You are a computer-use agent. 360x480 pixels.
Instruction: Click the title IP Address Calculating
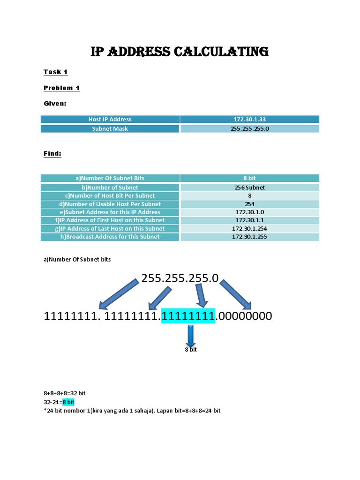click(x=180, y=52)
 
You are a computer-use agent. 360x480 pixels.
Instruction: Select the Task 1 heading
click(x=56, y=72)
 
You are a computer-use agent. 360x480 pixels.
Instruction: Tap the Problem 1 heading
click(x=61, y=88)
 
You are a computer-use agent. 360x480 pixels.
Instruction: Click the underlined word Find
click(x=52, y=153)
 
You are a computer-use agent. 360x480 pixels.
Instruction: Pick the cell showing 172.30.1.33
click(x=249, y=120)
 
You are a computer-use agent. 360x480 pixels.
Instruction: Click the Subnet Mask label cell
click(x=110, y=128)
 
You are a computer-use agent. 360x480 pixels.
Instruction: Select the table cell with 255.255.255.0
click(x=249, y=128)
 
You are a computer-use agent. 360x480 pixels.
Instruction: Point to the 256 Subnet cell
click(x=249, y=187)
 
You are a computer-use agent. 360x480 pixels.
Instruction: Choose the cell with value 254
click(x=249, y=204)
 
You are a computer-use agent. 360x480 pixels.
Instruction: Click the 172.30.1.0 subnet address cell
click(x=249, y=212)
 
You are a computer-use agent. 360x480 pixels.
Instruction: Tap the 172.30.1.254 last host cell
click(x=249, y=229)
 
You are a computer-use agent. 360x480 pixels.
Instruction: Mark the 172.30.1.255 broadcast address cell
click(x=249, y=237)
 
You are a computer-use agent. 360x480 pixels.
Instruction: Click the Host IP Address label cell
click(x=110, y=120)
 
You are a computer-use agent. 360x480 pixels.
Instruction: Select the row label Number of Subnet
click(x=110, y=187)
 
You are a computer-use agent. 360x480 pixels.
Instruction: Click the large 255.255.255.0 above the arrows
click(x=180, y=278)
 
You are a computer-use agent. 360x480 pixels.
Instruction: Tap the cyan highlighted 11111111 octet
click(x=188, y=316)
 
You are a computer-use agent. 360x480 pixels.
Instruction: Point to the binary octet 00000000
click(x=244, y=316)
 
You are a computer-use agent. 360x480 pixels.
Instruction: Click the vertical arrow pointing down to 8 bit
click(x=190, y=336)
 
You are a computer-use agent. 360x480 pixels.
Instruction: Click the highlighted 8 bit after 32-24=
click(x=68, y=402)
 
